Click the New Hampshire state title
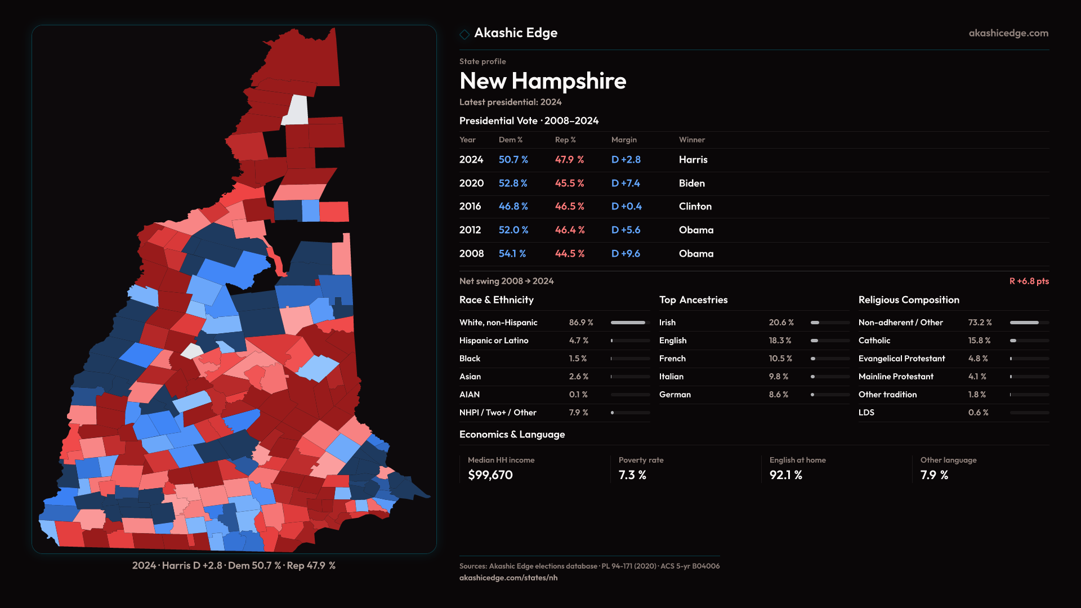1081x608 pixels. tap(542, 81)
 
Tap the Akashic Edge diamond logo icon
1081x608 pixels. tap(464, 34)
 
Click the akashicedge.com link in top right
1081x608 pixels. tap(1008, 33)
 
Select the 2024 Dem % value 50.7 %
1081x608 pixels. tap(513, 160)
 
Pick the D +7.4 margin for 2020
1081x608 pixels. tap(626, 184)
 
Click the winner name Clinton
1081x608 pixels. tap(695, 207)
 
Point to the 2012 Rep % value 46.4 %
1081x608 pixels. tap(569, 230)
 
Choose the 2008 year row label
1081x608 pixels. tap(471, 254)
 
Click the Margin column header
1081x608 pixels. tap(624, 140)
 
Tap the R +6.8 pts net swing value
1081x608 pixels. tap(1029, 281)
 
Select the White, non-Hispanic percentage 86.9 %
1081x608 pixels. tap(580, 323)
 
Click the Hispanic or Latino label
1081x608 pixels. tap(493, 341)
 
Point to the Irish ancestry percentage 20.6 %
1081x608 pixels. tap(781, 323)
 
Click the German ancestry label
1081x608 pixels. tap(674, 395)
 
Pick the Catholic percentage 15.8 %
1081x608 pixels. tap(979, 341)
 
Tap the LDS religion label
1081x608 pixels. tap(866, 413)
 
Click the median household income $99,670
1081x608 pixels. tap(490, 475)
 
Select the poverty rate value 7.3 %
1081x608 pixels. tap(632, 475)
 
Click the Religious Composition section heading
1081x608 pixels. tap(908, 300)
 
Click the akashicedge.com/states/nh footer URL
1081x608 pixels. tap(508, 578)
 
